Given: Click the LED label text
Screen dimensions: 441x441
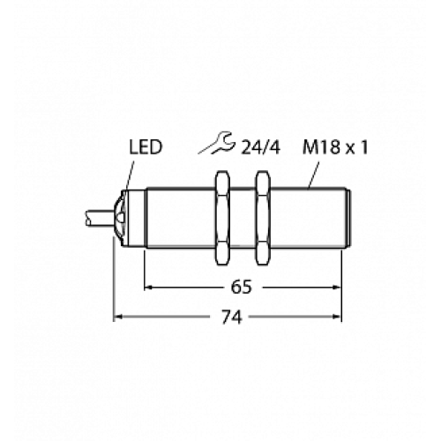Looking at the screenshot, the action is point(146,147).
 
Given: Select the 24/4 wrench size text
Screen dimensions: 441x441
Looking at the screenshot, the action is point(260,147).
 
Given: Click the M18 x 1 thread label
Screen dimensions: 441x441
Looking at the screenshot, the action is point(335,147).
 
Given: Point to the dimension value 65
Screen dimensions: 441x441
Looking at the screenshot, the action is point(242,287).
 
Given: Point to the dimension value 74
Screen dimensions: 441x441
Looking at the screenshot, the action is point(231,317).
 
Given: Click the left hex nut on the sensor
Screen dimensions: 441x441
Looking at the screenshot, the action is point(222,218).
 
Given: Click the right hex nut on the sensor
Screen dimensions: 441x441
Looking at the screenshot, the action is point(263,218).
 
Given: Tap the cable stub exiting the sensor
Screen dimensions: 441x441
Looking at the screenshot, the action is point(99,218).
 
